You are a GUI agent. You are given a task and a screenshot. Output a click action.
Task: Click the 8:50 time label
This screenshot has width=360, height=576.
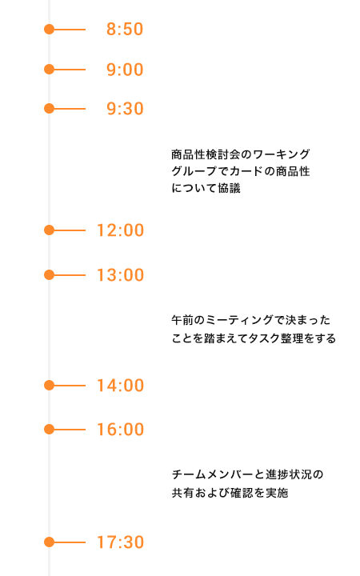click(x=125, y=30)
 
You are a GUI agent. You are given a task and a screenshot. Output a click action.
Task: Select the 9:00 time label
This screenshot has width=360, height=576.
click(x=125, y=70)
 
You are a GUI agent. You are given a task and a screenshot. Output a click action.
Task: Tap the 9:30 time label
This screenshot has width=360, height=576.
click(x=125, y=109)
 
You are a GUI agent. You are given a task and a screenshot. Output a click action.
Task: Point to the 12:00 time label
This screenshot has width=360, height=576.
click(x=120, y=230)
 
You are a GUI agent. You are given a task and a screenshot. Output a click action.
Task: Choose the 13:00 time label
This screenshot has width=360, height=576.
click(x=120, y=275)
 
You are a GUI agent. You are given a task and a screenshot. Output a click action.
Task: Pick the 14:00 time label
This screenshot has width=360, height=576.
click(x=120, y=386)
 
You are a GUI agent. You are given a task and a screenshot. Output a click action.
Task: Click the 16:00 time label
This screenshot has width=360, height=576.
click(x=120, y=430)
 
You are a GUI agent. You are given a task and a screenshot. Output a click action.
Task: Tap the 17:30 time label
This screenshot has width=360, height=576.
click(x=120, y=542)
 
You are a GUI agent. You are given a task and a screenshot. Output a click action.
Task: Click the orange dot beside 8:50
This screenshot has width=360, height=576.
click(x=50, y=30)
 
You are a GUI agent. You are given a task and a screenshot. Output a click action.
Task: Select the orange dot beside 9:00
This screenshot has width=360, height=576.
click(x=50, y=70)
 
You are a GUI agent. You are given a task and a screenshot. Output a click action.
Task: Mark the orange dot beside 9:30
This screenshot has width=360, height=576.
click(x=50, y=109)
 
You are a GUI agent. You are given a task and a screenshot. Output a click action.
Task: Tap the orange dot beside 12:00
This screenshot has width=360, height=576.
click(x=50, y=230)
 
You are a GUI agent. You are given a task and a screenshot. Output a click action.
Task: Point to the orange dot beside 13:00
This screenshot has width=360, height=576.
click(x=50, y=275)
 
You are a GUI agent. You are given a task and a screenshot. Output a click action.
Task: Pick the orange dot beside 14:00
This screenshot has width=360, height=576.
click(x=50, y=386)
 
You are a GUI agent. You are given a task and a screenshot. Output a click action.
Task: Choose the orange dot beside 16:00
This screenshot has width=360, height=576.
click(x=50, y=430)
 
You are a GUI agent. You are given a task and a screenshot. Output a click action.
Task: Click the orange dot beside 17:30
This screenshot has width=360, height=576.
click(x=50, y=542)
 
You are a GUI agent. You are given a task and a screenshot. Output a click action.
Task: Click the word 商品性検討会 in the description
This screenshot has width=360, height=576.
click(x=206, y=154)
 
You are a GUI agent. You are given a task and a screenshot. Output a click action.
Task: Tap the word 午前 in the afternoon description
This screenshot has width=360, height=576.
click(x=182, y=320)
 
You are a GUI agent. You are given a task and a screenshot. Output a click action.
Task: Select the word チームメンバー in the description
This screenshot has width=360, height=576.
click(x=213, y=474)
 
